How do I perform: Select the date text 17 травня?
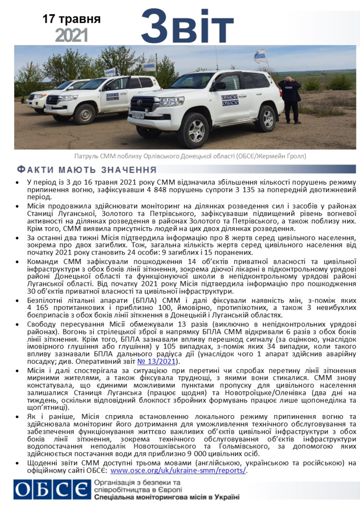pyautogui.click(x=72, y=20)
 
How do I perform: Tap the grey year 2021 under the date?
pyautogui.click(x=71, y=35)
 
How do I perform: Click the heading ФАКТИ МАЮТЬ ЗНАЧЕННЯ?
pyautogui.click(x=86, y=170)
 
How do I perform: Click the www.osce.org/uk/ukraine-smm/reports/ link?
pyautogui.click(x=179, y=470)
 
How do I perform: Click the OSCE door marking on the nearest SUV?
pyautogui.click(x=230, y=99)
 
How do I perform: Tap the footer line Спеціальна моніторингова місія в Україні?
pyautogui.click(x=165, y=498)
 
